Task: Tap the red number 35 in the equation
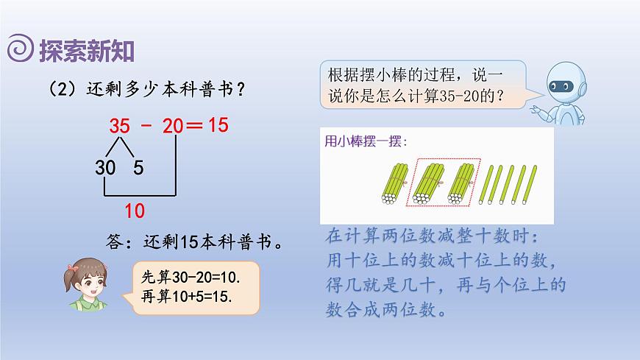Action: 119,126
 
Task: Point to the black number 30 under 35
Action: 107,169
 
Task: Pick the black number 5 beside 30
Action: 138,169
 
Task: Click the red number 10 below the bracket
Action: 134,211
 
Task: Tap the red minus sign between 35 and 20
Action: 146,126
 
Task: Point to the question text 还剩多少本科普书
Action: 147,89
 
